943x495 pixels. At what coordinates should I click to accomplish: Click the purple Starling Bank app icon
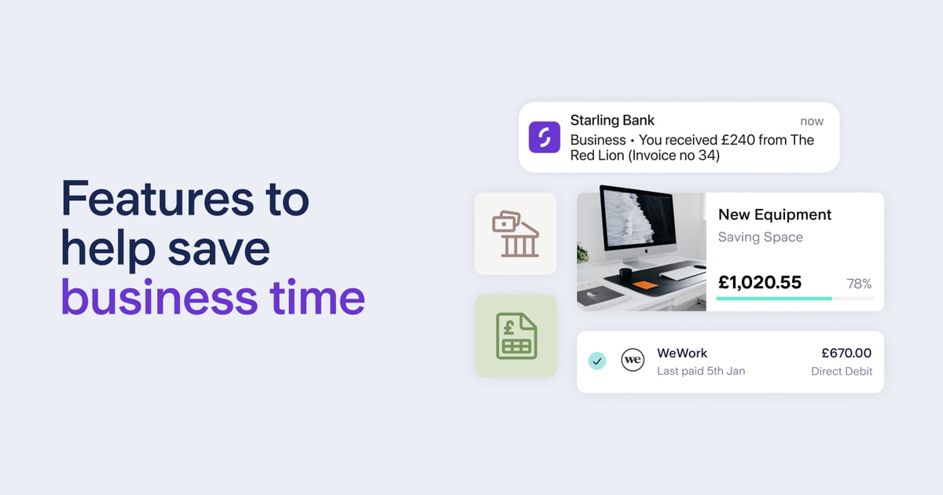click(x=544, y=137)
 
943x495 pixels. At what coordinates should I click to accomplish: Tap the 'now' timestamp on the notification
click(x=812, y=121)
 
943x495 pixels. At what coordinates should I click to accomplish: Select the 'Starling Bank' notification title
click(x=612, y=120)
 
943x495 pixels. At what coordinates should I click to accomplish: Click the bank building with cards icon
click(x=516, y=233)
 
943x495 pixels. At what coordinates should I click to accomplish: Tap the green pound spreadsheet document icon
click(x=516, y=335)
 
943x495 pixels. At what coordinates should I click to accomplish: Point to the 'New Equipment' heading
click(x=775, y=214)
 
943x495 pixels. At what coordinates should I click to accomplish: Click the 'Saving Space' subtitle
click(x=761, y=236)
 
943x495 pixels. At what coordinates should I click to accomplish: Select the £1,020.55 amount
click(x=760, y=282)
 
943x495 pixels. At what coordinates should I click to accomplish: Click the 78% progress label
click(x=859, y=284)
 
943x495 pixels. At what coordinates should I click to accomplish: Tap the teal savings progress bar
click(x=774, y=299)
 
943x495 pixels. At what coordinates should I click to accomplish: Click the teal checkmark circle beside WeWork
click(x=597, y=361)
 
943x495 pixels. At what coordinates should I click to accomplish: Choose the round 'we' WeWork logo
click(x=633, y=361)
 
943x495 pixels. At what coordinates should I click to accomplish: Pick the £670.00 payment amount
click(x=846, y=354)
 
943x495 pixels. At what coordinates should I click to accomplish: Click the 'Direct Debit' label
click(x=842, y=371)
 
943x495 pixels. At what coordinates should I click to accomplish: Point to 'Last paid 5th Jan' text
click(x=701, y=371)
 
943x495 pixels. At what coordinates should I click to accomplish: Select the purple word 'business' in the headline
click(x=158, y=298)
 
